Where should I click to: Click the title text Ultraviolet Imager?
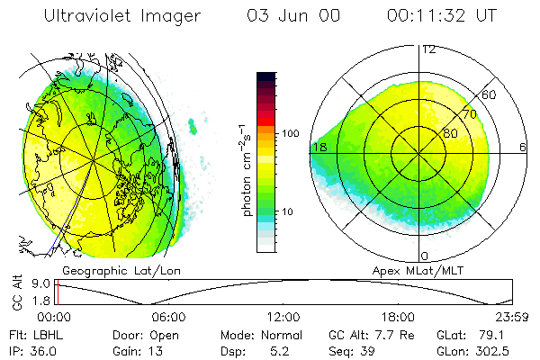click(x=124, y=16)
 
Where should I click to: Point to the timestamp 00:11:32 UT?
click(x=441, y=16)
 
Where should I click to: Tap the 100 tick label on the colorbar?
click(x=289, y=133)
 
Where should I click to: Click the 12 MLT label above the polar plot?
click(x=428, y=49)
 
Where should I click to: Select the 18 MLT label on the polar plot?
click(x=319, y=147)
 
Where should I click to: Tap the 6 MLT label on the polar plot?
click(x=523, y=147)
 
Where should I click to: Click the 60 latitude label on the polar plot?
click(x=490, y=94)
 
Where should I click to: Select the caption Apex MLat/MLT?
click(x=421, y=270)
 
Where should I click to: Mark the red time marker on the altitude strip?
click(x=56, y=292)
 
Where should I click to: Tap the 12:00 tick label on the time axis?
click(x=283, y=317)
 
